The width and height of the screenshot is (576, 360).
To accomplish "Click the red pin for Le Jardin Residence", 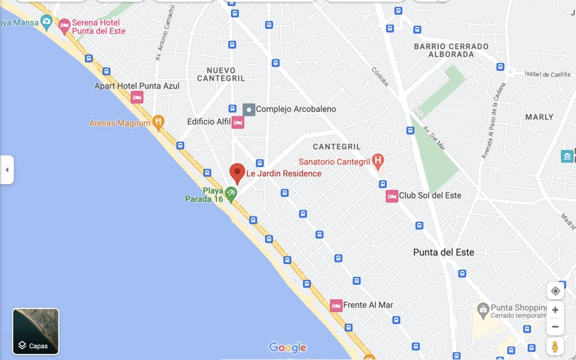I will tap(237, 173).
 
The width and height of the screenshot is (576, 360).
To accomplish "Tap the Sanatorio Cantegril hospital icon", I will tap(378, 162).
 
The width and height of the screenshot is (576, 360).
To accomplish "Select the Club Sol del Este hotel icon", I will tap(392, 196).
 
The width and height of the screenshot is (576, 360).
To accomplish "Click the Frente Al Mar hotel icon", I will tap(336, 305).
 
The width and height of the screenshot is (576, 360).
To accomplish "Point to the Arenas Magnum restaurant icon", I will tap(159, 122).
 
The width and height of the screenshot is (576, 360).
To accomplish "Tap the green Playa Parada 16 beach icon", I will tap(230, 195).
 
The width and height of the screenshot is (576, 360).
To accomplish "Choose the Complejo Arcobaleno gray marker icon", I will tap(249, 109).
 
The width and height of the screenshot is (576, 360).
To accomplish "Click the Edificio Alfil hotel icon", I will tap(238, 122).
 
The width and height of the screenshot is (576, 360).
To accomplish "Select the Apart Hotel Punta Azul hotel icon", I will tap(137, 97).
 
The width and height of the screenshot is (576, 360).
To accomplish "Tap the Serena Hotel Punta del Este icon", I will tap(65, 25).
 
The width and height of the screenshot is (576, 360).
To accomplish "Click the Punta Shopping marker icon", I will tap(483, 309).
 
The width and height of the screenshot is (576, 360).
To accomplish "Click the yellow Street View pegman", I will tap(555, 346).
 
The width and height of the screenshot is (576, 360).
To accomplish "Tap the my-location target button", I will tap(555, 291).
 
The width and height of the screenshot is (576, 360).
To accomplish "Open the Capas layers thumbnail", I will tap(36, 331).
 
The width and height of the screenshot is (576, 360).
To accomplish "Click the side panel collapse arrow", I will tap(7, 170).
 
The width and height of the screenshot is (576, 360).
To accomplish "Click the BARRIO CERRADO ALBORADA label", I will tap(451, 50).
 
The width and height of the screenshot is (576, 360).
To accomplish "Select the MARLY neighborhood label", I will tap(539, 117).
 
